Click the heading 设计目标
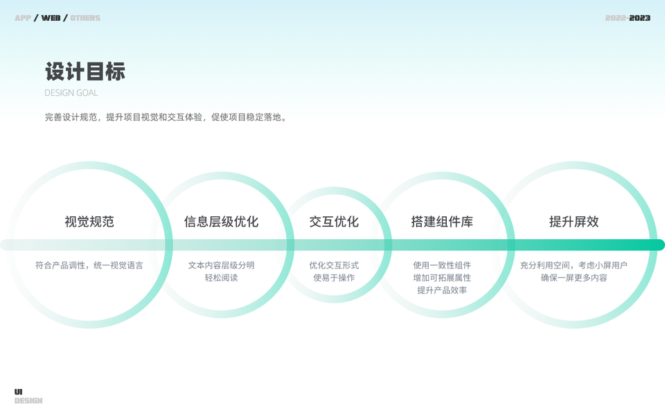click(x=85, y=72)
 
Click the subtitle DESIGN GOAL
click(x=71, y=93)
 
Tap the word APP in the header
click(x=23, y=18)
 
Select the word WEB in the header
click(x=51, y=18)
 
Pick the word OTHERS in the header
click(x=85, y=18)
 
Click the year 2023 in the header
click(x=640, y=18)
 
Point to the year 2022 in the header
click(x=615, y=18)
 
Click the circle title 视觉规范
click(x=89, y=222)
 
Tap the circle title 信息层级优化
click(x=221, y=222)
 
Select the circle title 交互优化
click(x=334, y=222)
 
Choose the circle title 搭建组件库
click(x=442, y=222)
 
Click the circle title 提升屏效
click(x=574, y=222)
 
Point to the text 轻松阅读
click(x=221, y=278)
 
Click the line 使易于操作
click(x=334, y=278)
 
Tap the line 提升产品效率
click(x=442, y=291)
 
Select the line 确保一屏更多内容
click(x=574, y=278)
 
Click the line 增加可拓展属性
click(x=442, y=278)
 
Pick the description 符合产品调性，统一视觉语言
click(x=89, y=266)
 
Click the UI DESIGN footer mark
click(x=28, y=397)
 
